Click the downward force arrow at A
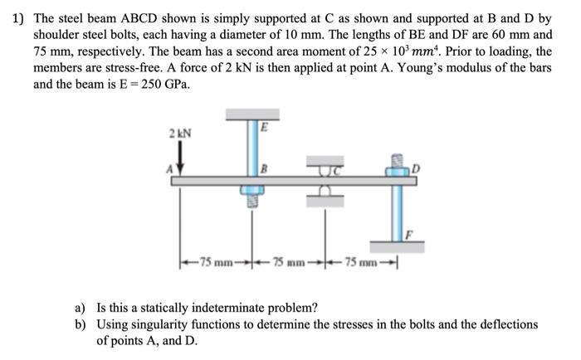click(x=177, y=158)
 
